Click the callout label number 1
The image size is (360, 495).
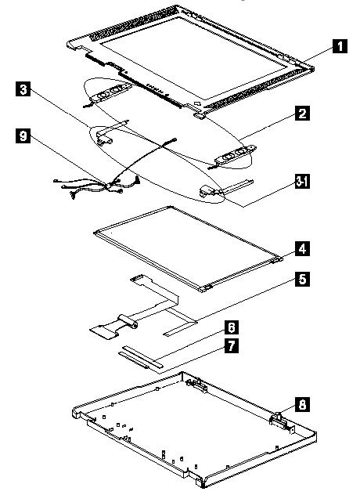point(340,46)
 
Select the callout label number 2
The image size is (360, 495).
point(302,113)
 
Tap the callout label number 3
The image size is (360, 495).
point(23,89)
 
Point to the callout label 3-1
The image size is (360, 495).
point(302,182)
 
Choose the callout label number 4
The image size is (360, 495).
point(302,249)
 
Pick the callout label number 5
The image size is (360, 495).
point(302,280)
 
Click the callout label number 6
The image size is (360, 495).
point(232,327)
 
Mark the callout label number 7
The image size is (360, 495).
point(232,345)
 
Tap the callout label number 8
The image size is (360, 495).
point(302,404)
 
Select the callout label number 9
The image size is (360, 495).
point(23,136)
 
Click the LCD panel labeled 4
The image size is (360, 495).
point(188,248)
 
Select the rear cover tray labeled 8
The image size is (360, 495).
point(194,430)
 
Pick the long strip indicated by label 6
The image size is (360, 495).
point(142,356)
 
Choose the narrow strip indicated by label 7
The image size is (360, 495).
point(134,360)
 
